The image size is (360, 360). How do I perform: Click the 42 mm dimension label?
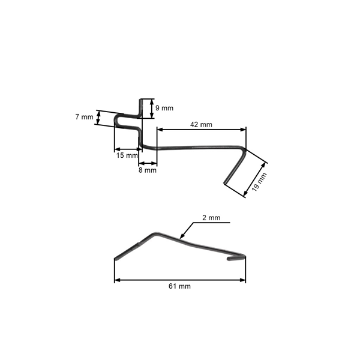(201, 124)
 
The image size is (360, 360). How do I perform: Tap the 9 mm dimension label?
(164, 108)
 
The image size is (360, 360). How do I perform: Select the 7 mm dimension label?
(84, 117)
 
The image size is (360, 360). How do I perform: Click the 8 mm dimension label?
(148, 170)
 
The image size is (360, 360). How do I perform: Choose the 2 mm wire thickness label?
(211, 218)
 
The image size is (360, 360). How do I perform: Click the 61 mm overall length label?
(180, 287)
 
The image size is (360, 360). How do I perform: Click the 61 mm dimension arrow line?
(180, 280)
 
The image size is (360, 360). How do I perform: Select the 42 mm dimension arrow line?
(201, 129)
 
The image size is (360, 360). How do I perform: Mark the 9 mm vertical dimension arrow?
(152, 108)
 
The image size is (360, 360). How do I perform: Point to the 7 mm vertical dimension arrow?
(98, 118)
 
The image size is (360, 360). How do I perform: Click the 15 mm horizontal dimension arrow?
(126, 149)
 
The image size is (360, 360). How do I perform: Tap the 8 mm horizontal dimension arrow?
(148, 163)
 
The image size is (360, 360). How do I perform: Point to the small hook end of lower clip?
(231, 260)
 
